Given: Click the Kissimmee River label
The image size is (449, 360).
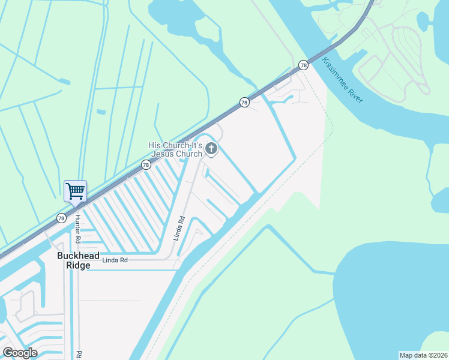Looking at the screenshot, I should (x=343, y=80).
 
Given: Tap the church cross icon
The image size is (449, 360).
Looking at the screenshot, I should (x=211, y=148).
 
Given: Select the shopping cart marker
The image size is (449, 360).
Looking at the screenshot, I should (x=75, y=191).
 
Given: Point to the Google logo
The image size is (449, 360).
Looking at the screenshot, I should (x=20, y=353).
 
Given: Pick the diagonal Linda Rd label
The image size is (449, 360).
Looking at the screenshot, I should (x=178, y=229).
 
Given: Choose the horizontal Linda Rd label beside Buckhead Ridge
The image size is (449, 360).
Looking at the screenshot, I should (x=115, y=260).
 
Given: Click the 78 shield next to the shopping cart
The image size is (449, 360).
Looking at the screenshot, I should (x=61, y=218).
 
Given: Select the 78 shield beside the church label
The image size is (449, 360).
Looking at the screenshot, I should (x=146, y=164).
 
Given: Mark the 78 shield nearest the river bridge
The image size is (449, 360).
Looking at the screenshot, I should (x=303, y=65).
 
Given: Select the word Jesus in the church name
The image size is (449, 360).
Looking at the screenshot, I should (x=166, y=154).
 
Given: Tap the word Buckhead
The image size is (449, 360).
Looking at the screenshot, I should (x=77, y=256).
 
